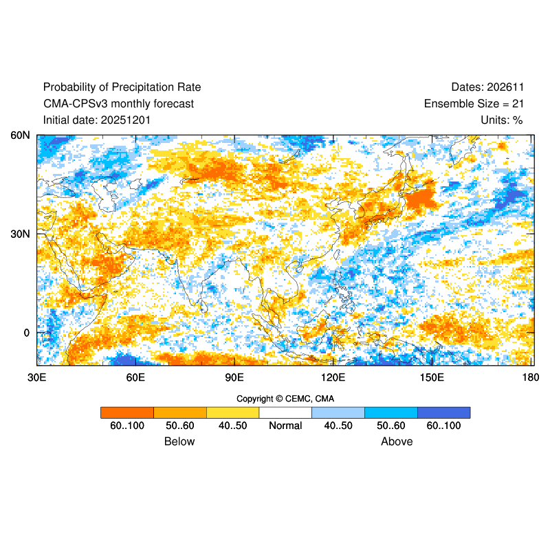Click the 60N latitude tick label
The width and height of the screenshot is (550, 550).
19,135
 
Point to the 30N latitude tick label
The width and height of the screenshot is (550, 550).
19,234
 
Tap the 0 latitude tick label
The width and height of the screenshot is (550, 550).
26,333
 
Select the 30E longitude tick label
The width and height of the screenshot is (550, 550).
36,377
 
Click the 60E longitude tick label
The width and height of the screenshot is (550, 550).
135,377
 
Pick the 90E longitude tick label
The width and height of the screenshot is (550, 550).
234,377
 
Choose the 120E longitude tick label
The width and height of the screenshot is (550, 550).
333,377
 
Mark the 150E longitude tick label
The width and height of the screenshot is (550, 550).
432,377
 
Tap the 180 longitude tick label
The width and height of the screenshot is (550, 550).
531,377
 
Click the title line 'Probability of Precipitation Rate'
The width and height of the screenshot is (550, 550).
122,87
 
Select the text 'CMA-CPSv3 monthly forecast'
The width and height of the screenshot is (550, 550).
118,104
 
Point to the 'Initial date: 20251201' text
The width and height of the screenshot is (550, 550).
97,120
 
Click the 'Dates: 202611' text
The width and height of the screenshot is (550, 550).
487,87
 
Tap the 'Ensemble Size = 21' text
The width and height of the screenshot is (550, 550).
474,104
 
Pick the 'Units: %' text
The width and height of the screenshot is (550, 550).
502,120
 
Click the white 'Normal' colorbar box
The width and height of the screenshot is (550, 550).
285,412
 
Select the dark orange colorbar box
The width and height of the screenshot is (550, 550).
126,412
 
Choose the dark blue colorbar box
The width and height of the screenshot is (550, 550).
443,412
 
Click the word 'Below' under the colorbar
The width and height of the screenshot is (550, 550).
179,441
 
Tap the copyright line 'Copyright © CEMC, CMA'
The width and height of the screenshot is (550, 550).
285,399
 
